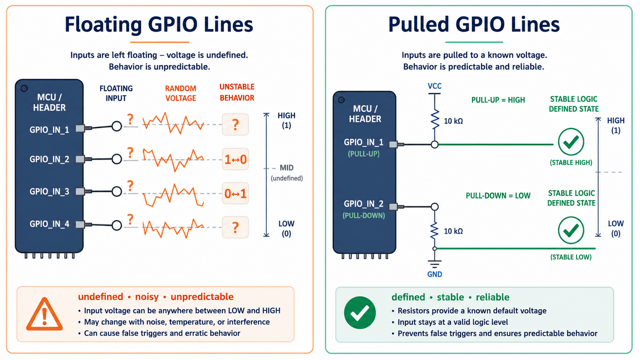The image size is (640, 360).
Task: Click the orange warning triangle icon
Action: point(44,314)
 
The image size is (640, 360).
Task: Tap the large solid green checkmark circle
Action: point(360,312)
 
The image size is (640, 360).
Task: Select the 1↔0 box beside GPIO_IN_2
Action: point(236,159)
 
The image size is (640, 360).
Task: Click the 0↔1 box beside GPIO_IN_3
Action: point(236,194)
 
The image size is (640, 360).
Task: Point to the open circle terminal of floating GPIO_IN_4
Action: point(116,225)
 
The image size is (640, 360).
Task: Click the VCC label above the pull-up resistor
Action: point(434,86)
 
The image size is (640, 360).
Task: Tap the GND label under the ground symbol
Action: point(434,274)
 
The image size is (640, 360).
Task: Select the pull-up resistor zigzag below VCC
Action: point(434,120)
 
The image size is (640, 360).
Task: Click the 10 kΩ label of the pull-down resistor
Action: point(453,231)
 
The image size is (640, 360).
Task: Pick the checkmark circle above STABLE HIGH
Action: point(571,142)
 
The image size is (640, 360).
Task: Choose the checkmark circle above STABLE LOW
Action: point(571,230)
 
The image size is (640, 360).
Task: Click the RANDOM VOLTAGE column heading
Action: point(180,93)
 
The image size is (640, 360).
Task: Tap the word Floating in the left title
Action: point(103,24)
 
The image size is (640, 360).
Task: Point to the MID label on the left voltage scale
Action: point(286,168)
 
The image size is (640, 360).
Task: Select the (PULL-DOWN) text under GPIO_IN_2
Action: point(364,216)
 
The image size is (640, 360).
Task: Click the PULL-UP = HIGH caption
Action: point(498,100)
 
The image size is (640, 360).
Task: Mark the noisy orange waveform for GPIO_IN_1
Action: point(173,123)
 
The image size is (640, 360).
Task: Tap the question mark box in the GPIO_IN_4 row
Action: point(236,228)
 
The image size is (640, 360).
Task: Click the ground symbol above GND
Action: point(434,264)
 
